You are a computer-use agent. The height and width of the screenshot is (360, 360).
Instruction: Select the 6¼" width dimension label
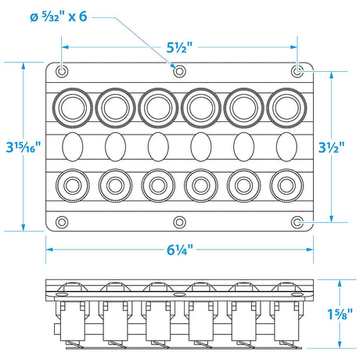(x=179, y=251)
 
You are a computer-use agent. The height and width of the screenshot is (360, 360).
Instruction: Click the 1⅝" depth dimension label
(x=339, y=315)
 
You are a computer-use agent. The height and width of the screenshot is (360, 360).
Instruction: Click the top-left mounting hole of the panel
(x=62, y=71)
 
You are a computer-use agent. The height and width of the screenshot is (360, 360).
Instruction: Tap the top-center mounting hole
(x=179, y=71)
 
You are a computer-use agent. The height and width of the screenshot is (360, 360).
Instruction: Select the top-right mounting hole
(x=297, y=71)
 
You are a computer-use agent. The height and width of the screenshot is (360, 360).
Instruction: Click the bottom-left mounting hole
(x=62, y=221)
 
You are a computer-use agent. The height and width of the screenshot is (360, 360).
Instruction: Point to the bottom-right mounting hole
(x=297, y=221)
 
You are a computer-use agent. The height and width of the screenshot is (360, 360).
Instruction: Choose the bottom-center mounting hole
(x=179, y=221)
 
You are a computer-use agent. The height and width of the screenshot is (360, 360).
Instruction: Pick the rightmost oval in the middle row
(x=286, y=146)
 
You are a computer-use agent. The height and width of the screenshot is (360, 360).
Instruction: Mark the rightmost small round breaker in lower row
(x=286, y=187)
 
